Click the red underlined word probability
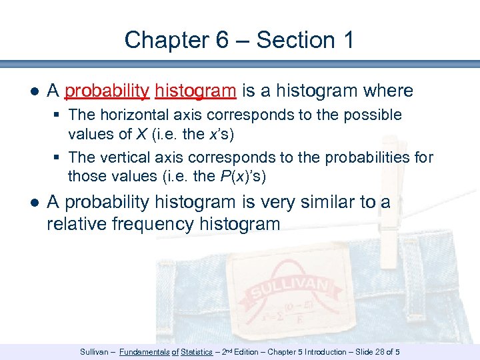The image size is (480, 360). tap(107, 91)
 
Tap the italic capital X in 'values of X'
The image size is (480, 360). tap(142, 133)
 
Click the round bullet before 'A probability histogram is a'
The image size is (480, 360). tap(35, 91)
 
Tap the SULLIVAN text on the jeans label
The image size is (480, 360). tap(289, 287)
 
